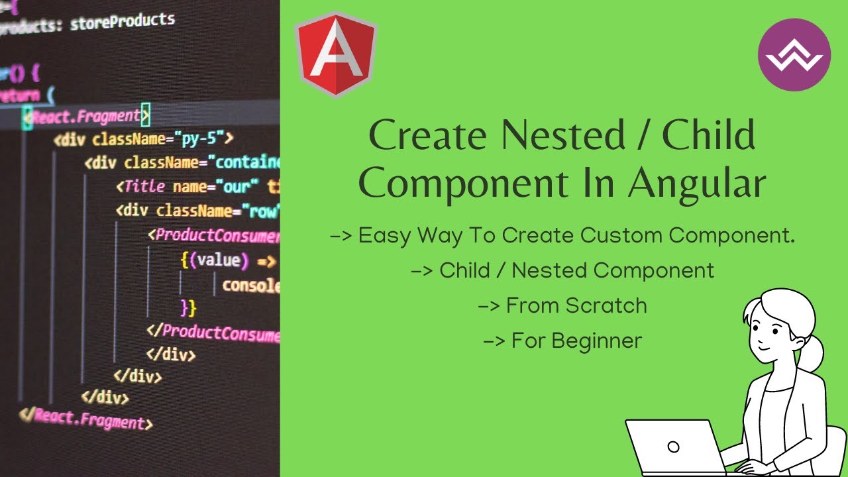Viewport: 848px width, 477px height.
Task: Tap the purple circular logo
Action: pos(794,55)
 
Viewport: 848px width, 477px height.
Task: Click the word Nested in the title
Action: pos(562,135)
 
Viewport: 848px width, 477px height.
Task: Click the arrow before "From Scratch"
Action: pos(489,306)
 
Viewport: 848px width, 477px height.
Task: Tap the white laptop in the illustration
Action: pos(672,447)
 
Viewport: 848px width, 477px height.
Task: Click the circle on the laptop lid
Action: pos(674,446)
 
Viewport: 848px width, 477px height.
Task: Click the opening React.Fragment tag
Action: pos(86,117)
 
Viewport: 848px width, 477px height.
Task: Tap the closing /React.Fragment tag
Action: pos(86,419)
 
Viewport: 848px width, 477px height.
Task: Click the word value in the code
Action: pos(218,260)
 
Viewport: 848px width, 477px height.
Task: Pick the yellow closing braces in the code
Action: pos(188,307)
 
